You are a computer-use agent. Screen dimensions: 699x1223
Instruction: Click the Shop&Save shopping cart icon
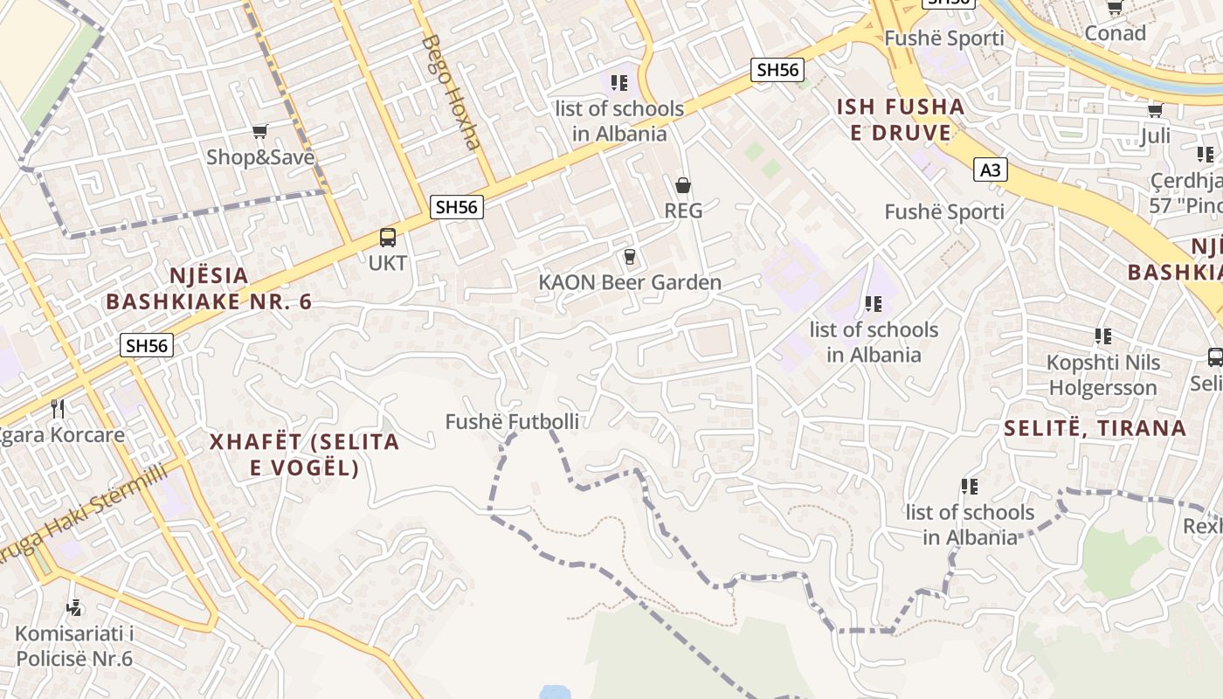tap(259, 132)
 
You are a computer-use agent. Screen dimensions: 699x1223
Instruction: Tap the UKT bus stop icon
tap(387, 238)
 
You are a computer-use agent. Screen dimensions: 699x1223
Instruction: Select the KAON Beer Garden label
tap(630, 282)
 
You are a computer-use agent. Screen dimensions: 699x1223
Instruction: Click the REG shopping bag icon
tap(683, 185)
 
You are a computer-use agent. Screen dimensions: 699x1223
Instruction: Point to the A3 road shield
tap(990, 170)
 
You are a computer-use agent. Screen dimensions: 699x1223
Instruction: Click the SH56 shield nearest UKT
tap(456, 207)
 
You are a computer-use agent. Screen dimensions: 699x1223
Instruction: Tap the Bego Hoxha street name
tap(451, 92)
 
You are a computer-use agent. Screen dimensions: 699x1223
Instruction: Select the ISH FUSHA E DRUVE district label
tap(901, 120)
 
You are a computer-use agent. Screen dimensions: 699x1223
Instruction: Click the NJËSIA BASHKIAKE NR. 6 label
tap(209, 288)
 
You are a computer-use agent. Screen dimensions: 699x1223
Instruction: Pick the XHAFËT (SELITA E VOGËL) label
tap(304, 454)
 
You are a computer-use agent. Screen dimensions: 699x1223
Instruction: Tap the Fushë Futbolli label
tap(512, 422)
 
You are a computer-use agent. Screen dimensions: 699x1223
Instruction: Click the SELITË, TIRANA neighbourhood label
tap(1095, 428)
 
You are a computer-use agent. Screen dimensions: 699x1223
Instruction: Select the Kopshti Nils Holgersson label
tap(1103, 375)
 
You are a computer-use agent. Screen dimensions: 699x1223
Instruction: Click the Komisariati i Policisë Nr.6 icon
tap(74, 607)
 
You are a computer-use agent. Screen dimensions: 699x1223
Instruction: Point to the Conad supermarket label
tap(1115, 33)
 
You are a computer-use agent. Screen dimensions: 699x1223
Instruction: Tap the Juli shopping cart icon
tap(1155, 110)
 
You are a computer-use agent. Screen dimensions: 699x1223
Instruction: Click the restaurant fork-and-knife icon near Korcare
tap(58, 407)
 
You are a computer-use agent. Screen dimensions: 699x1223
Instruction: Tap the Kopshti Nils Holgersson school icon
tap(1102, 336)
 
